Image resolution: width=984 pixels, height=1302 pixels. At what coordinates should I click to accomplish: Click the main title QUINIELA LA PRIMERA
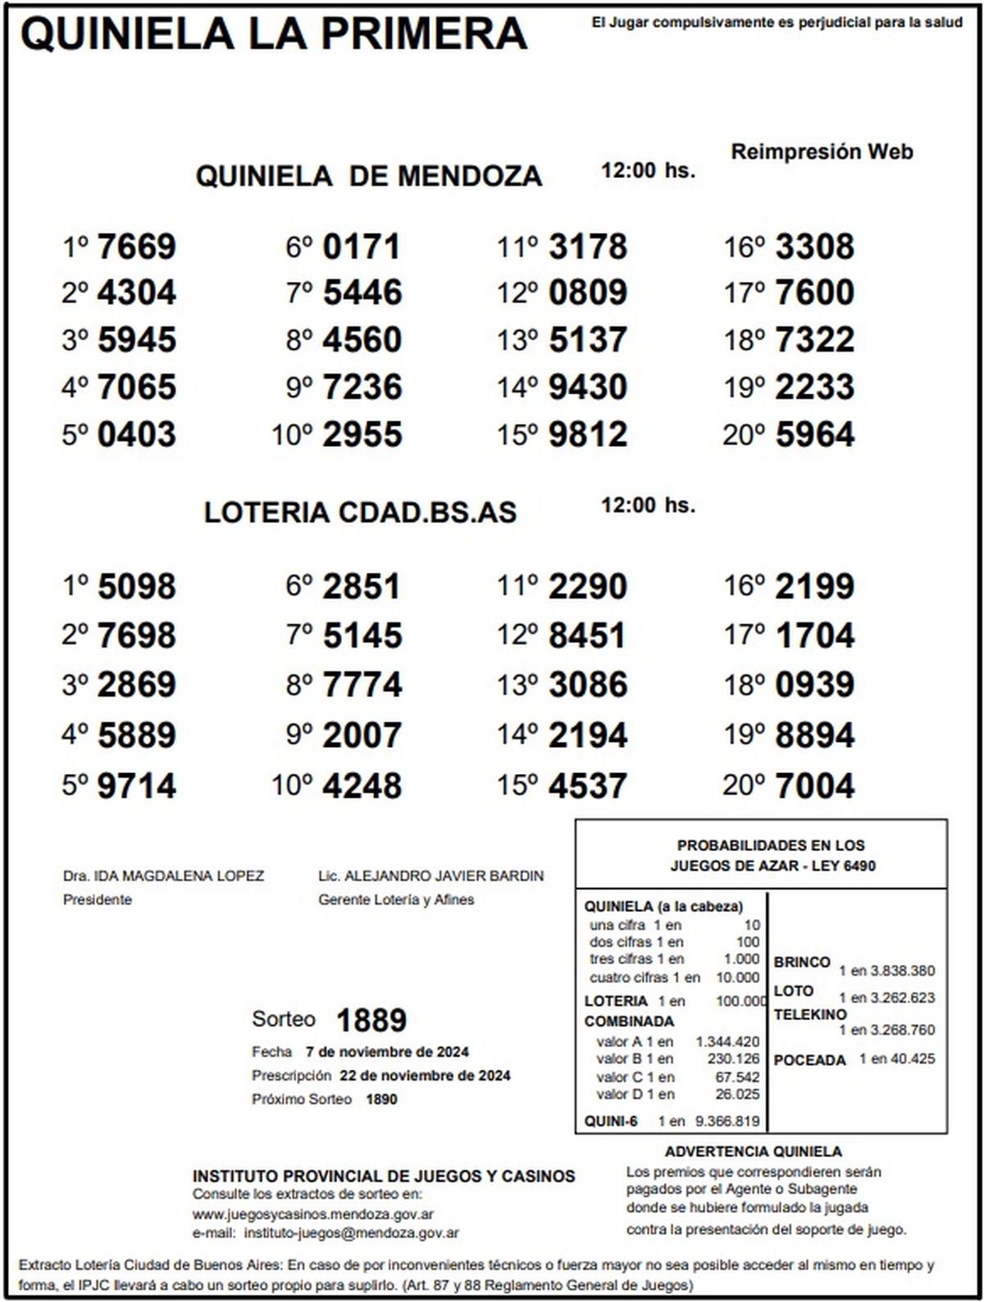(x=274, y=34)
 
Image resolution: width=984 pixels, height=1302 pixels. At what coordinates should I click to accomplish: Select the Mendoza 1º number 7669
(x=136, y=247)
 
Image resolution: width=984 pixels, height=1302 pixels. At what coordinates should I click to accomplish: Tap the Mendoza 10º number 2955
(x=362, y=435)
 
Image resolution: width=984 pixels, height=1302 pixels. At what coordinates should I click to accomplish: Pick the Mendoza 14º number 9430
(x=587, y=387)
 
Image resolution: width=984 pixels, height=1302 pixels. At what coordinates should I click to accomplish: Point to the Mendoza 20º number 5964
(x=814, y=435)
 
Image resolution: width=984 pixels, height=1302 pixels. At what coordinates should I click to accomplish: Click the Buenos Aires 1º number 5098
(x=136, y=587)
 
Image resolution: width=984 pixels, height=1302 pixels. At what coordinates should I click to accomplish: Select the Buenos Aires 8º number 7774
(x=362, y=685)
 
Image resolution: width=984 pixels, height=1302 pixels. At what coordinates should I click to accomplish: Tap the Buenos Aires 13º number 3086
(x=587, y=685)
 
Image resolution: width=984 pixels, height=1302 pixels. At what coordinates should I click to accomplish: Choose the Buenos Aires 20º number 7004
(x=814, y=785)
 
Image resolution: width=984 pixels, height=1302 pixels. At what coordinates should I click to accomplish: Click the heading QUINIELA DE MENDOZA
(x=369, y=176)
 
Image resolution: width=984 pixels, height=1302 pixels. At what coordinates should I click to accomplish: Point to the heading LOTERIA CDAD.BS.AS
(x=360, y=512)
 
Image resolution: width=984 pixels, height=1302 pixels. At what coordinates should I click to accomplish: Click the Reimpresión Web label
(x=822, y=152)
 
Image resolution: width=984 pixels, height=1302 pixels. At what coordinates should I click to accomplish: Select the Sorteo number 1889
(x=371, y=1020)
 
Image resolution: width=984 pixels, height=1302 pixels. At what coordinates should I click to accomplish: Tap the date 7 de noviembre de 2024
(x=387, y=1052)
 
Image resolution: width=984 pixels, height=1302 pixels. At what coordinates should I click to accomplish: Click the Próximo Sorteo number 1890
(x=381, y=1099)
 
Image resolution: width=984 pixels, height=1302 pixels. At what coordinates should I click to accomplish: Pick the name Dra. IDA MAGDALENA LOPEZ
(x=163, y=876)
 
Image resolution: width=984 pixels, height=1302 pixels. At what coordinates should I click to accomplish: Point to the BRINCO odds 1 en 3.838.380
(x=886, y=971)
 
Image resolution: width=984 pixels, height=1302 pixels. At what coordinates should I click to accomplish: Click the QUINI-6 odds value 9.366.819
(x=727, y=1121)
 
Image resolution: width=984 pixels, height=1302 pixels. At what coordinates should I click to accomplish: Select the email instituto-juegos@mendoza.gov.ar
(x=352, y=1232)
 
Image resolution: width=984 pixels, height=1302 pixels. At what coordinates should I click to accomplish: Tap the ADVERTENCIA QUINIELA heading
(x=753, y=1152)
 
